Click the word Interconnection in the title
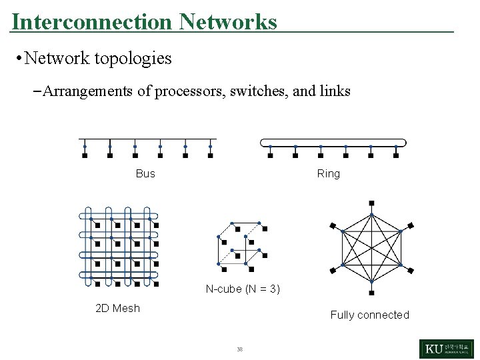(x=92, y=22)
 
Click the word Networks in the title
(x=228, y=22)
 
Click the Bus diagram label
(x=145, y=174)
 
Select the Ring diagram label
(x=329, y=174)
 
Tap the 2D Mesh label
(x=118, y=308)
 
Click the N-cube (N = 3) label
(x=243, y=289)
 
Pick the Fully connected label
(x=369, y=315)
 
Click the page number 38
(x=239, y=349)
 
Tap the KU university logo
(x=446, y=349)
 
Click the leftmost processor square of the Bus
(x=85, y=156)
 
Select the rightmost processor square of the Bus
(x=210, y=156)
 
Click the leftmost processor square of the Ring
(x=270, y=156)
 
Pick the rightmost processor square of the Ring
(x=396, y=156)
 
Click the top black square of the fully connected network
(x=371, y=203)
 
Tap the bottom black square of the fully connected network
(x=371, y=292)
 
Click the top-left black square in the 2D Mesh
(x=97, y=226)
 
